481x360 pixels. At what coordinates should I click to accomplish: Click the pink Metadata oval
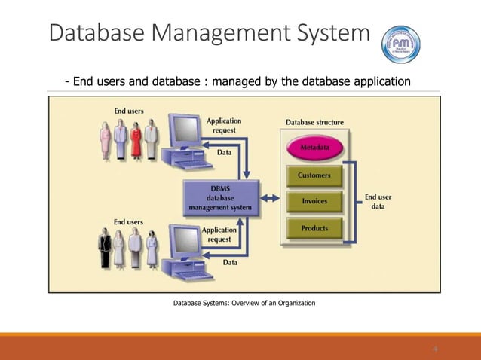[x=313, y=147]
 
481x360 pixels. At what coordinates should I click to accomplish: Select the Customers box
[x=314, y=175]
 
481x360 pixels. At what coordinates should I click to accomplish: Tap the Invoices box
[x=314, y=201]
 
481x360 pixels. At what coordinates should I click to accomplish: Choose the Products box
[x=314, y=227]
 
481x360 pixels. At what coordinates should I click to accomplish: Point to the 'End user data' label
[x=378, y=201]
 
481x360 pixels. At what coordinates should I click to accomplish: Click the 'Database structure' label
[x=314, y=122]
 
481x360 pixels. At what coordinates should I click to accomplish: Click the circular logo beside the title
[x=402, y=43]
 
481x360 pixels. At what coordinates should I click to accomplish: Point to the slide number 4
[x=435, y=349]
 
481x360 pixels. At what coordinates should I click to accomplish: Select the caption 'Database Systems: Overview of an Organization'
[x=244, y=303]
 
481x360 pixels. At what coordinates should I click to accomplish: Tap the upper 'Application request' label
[x=223, y=124]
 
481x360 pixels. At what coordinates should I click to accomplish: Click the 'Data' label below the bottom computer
[x=230, y=263]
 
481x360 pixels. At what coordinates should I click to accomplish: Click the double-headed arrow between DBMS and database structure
[x=270, y=201]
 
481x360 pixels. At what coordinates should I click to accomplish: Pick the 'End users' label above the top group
[x=129, y=111]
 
